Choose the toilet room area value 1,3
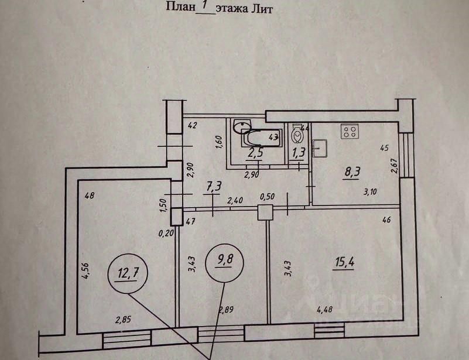[x=299, y=153]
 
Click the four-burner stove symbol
[x=350, y=132]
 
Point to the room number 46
[x=386, y=220]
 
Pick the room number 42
[x=193, y=124]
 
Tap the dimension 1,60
[x=218, y=143]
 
